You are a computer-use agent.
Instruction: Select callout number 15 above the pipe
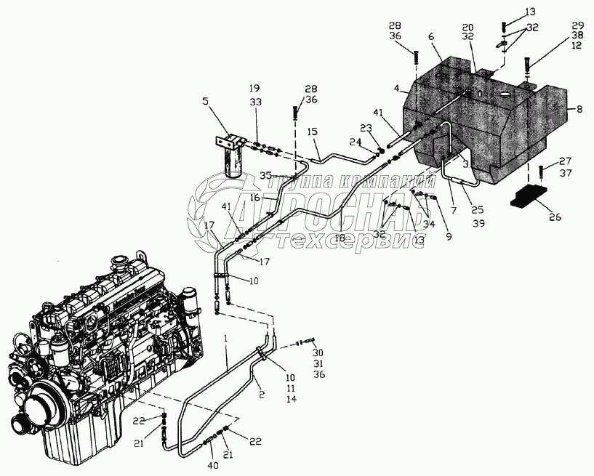pyautogui.click(x=312, y=132)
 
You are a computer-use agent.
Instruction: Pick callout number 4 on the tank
pyautogui.click(x=397, y=89)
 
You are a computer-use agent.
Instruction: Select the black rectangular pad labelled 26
pyautogui.click(x=531, y=197)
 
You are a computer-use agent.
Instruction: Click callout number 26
pyautogui.click(x=555, y=216)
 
